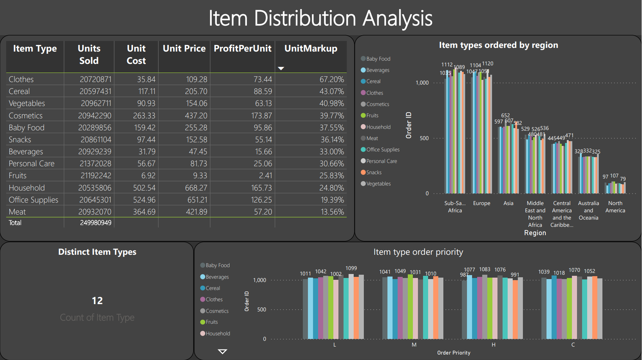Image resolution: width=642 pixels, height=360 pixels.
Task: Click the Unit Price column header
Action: [184, 49]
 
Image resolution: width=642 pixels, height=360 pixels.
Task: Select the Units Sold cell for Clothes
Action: [96, 79]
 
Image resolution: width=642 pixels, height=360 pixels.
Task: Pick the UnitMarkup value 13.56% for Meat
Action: [332, 212]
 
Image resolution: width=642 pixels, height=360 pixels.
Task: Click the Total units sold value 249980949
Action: [96, 223]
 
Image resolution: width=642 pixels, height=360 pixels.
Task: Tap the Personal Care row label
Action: [32, 164]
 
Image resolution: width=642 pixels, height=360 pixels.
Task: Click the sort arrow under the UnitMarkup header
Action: [281, 68]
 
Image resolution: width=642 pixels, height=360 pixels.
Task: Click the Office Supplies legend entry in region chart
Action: [382, 150]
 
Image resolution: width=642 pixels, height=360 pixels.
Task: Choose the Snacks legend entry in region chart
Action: [374, 172]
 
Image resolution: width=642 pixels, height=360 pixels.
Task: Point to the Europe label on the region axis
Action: [481, 204]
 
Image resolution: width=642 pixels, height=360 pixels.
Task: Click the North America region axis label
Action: [615, 207]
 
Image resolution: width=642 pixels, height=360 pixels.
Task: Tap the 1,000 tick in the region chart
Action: [422, 83]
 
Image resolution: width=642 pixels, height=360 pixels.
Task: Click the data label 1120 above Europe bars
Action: [488, 64]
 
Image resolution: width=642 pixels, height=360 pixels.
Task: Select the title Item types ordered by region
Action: [498, 45]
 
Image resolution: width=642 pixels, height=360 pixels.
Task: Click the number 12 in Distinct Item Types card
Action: [97, 301]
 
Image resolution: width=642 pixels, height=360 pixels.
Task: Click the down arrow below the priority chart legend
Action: [222, 351]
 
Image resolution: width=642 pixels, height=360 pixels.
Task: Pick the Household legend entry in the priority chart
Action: [218, 334]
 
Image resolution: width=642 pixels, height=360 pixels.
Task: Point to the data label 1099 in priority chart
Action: [351, 268]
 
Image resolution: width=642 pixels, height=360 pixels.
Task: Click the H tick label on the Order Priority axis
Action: [493, 345]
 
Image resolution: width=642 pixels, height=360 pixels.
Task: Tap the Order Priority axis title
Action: [454, 353]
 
